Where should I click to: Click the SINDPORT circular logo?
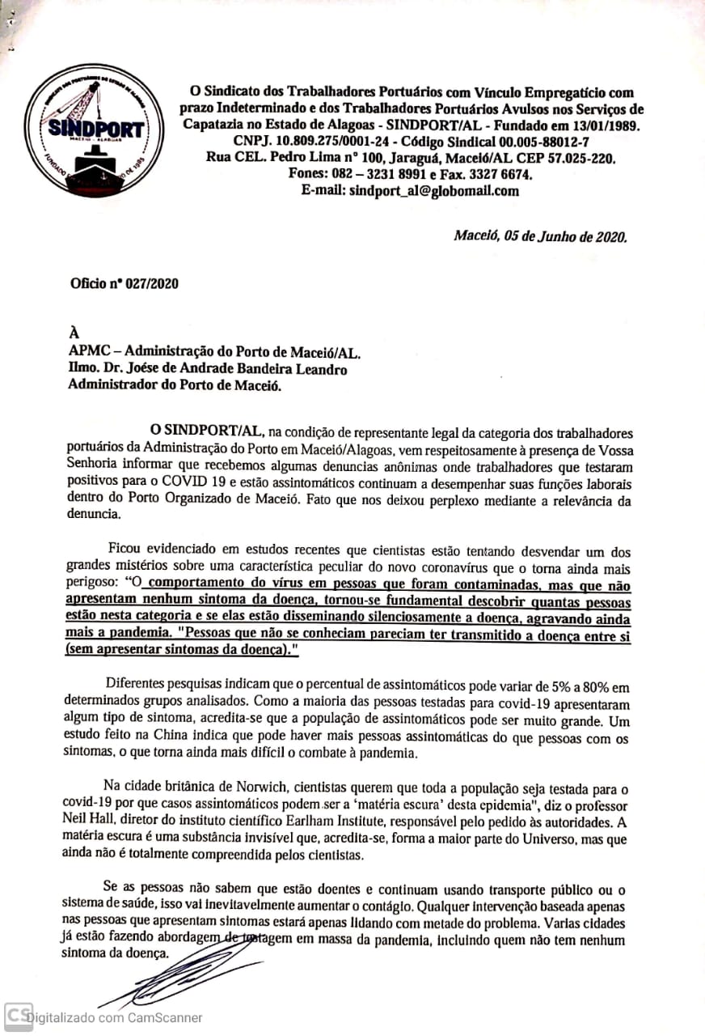(x=87, y=131)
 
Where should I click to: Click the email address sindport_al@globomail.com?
(x=433, y=191)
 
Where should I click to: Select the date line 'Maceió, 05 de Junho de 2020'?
(x=539, y=236)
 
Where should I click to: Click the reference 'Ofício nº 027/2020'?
(x=124, y=284)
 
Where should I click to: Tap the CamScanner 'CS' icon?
(x=18, y=1016)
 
